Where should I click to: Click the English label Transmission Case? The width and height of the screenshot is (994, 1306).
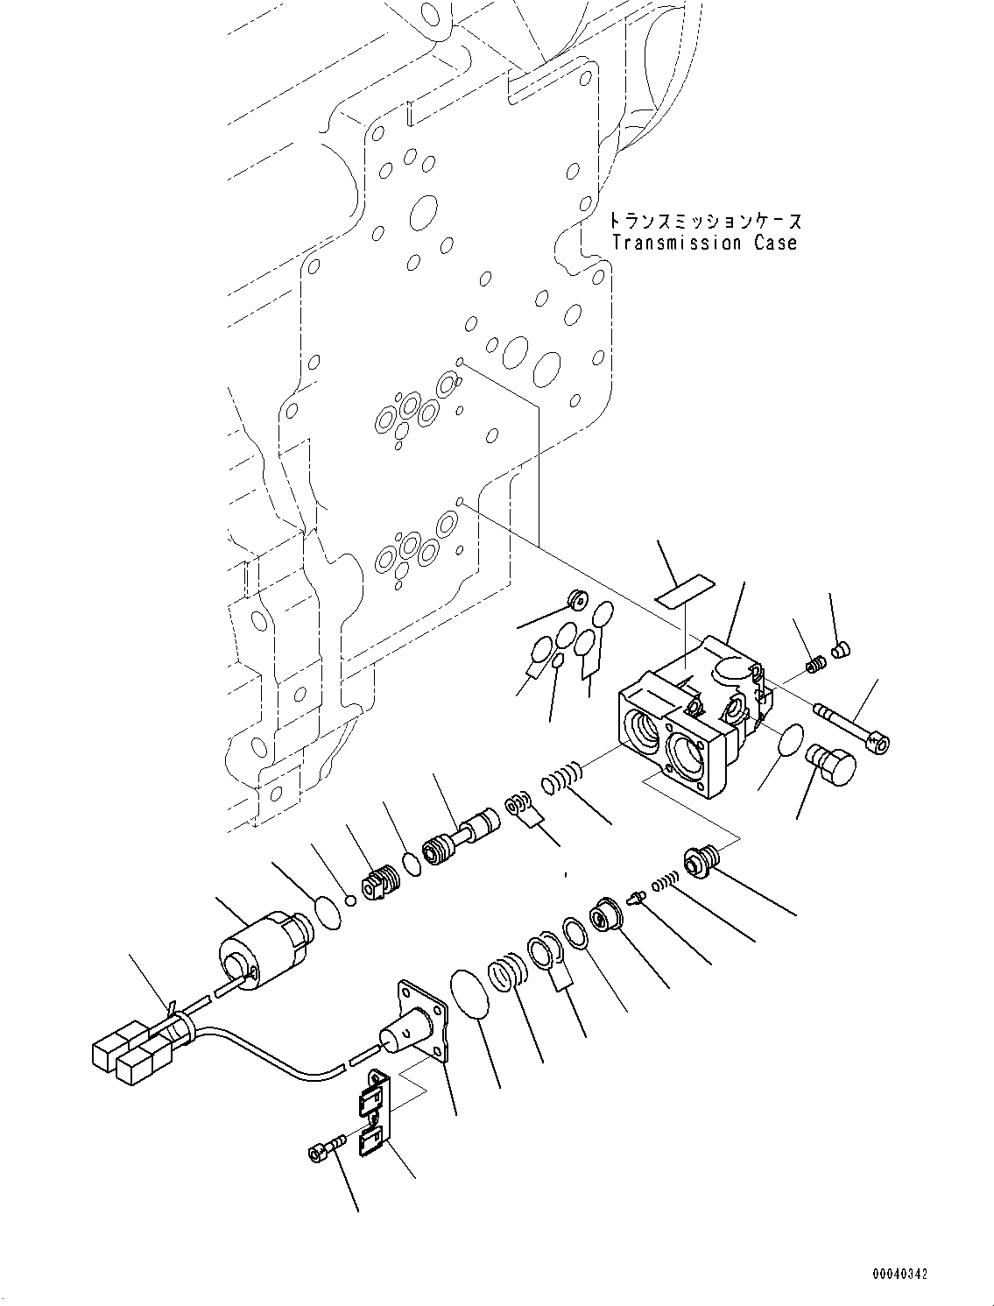click(705, 244)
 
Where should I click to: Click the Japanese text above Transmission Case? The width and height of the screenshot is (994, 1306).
click(705, 222)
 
